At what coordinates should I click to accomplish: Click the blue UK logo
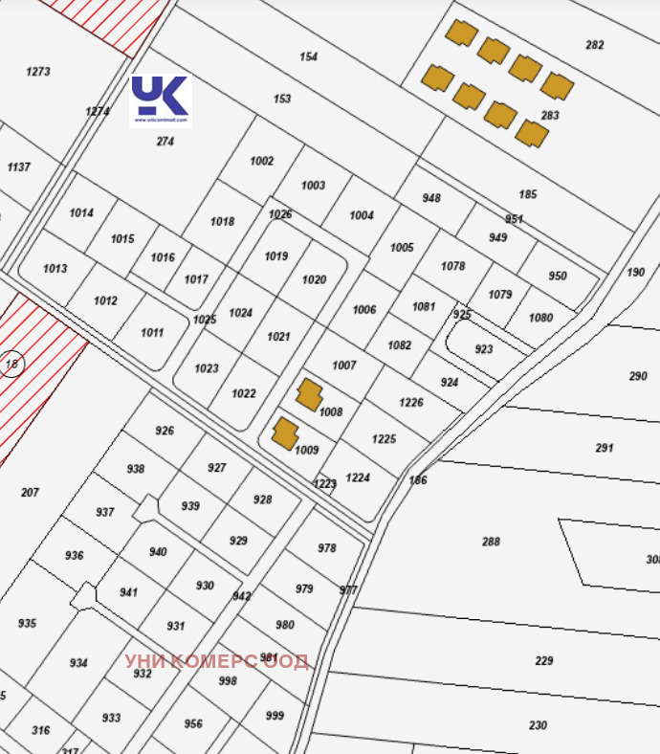(161, 100)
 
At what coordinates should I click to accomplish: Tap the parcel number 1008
(331, 412)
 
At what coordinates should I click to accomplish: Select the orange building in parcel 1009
(284, 432)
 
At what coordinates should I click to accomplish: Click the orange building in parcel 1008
(308, 394)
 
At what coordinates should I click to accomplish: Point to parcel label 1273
(38, 72)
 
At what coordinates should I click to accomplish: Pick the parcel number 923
(484, 349)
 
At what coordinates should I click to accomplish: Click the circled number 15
(12, 364)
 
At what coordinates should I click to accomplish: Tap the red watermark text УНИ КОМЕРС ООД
(216, 661)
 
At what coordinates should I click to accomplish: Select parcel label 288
(491, 543)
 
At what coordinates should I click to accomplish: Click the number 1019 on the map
(276, 256)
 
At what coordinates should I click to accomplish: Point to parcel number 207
(30, 493)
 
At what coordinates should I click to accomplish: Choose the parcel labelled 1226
(411, 403)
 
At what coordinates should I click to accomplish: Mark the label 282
(595, 45)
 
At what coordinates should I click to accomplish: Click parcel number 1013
(55, 269)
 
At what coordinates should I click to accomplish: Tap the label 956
(193, 724)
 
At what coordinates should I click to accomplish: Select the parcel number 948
(431, 198)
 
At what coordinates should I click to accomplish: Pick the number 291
(605, 448)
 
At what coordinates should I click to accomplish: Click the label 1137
(18, 167)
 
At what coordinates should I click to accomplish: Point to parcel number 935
(27, 624)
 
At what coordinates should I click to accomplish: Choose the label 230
(538, 725)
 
